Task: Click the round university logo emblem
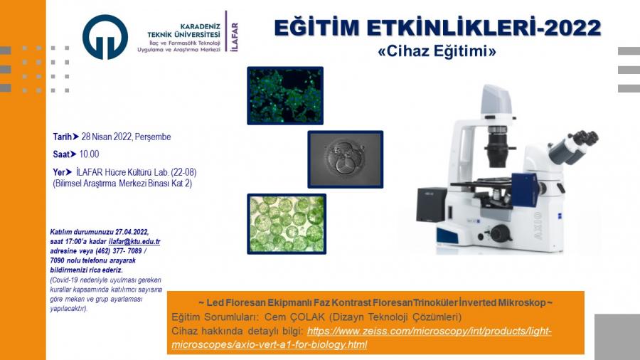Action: pyautogui.click(x=105, y=37)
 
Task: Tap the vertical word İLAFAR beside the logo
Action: pyautogui.click(x=234, y=37)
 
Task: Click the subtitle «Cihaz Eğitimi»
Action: pyautogui.click(x=437, y=51)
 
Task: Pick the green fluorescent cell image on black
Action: pyautogui.click(x=285, y=95)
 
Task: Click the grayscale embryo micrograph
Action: pyautogui.click(x=346, y=159)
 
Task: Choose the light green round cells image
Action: pyautogui.click(x=287, y=223)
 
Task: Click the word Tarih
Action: pyautogui.click(x=62, y=137)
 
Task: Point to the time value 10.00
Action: pyautogui.click(x=89, y=154)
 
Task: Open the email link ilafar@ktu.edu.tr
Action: pyautogui.click(x=134, y=241)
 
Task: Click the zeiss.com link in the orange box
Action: pyautogui.click(x=361, y=337)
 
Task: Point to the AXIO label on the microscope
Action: pyautogui.click(x=538, y=226)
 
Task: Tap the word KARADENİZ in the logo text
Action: pyautogui.click(x=200, y=26)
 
